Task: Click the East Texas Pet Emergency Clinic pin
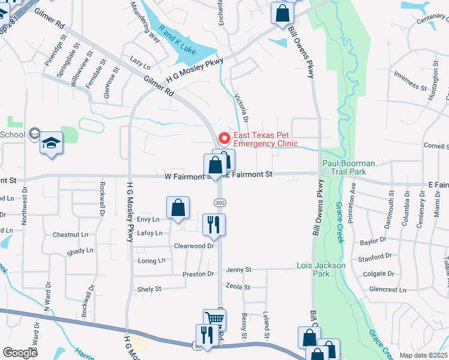[224, 139]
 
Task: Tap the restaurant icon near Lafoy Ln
[214, 225]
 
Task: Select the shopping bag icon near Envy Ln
[178, 208]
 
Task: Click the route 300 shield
[220, 202]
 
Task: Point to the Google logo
[20, 353]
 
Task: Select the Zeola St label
[238, 287]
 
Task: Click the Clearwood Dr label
[194, 246]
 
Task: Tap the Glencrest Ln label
[388, 289]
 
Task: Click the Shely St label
[149, 289]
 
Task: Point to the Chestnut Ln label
[70, 235]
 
